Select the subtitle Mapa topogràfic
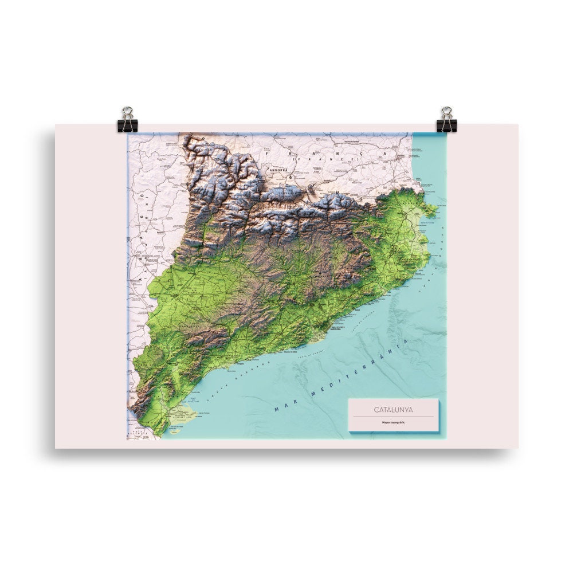pyautogui.click(x=393, y=423)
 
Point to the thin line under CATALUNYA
pyautogui.click(x=393, y=417)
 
